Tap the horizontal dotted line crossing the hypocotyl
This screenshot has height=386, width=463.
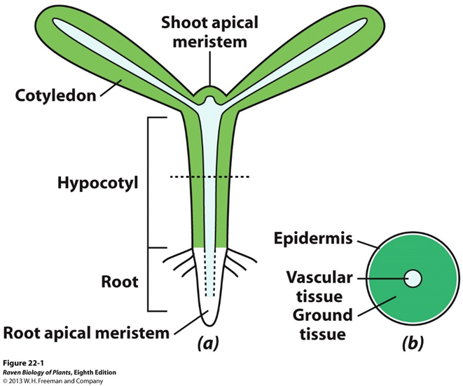click(x=208, y=177)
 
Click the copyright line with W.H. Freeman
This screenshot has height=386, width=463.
click(x=52, y=381)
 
